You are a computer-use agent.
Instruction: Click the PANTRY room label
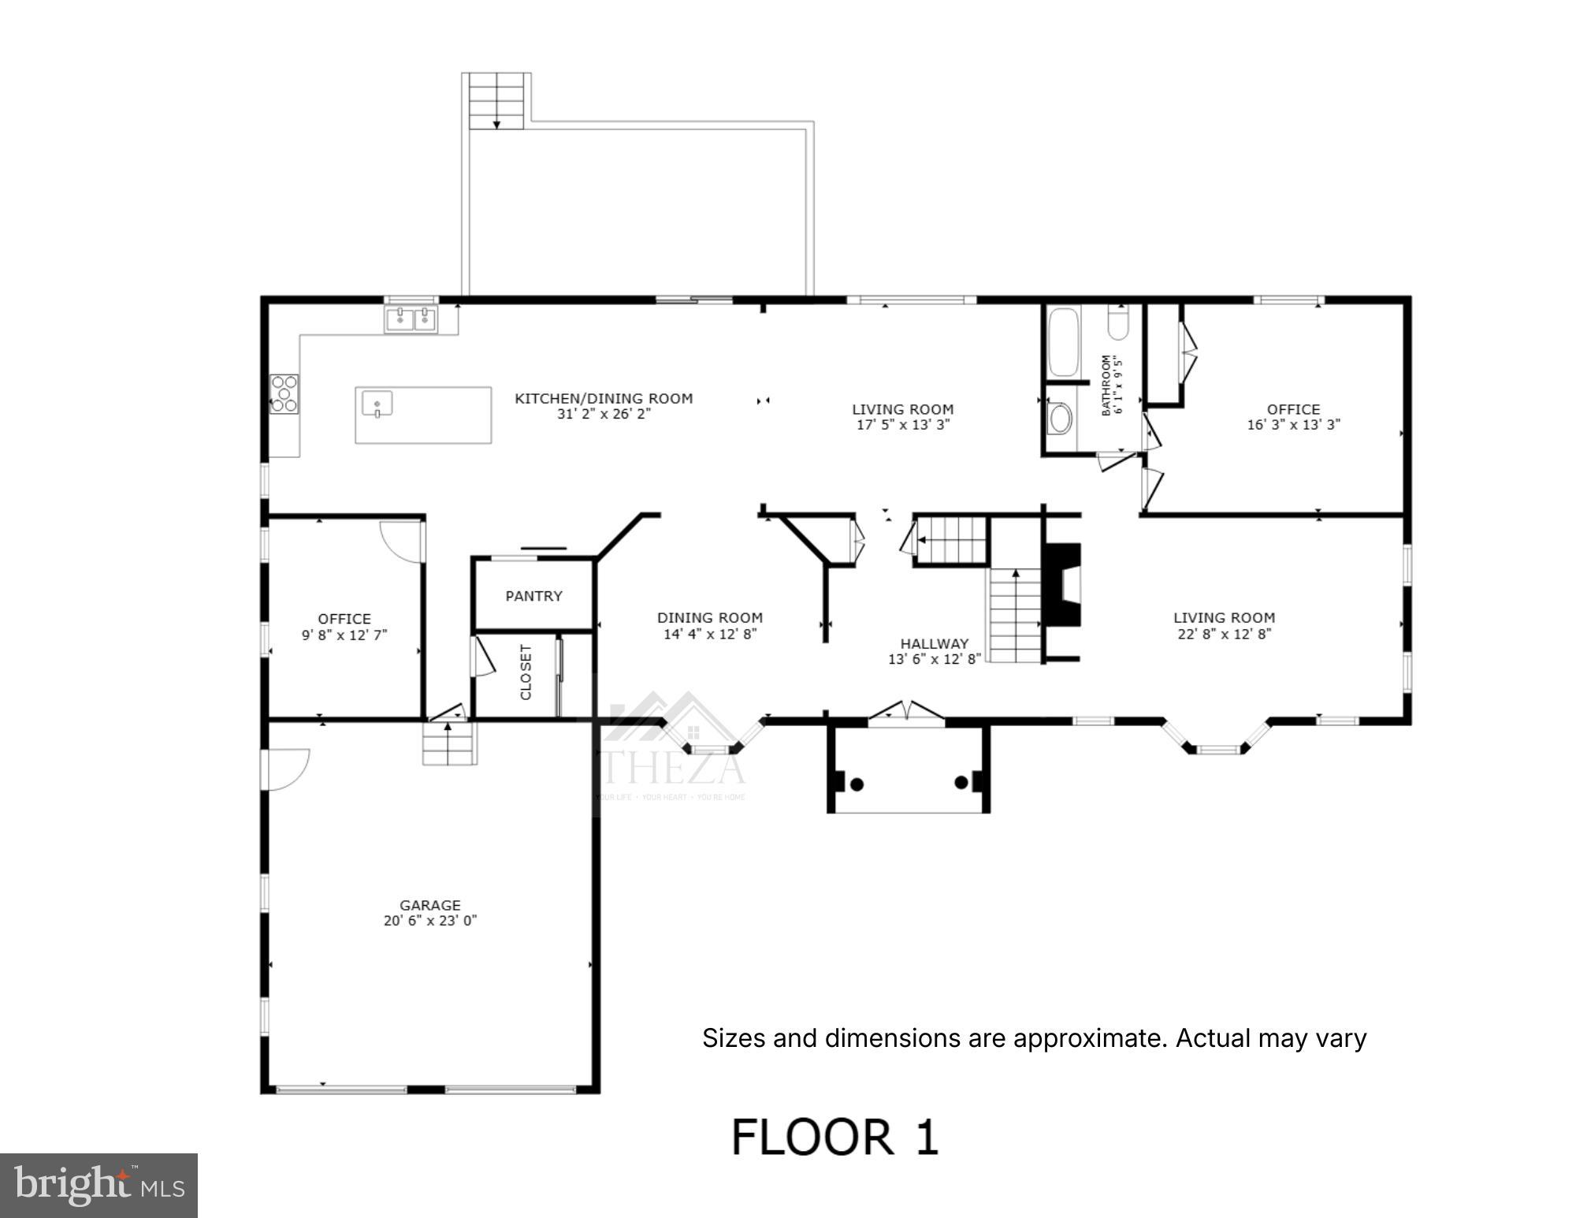533,596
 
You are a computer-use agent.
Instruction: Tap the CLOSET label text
526,672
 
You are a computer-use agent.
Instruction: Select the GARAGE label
429,905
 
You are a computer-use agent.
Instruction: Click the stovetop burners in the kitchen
284,393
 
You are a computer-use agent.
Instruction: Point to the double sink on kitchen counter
411,319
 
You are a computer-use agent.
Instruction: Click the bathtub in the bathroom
1063,342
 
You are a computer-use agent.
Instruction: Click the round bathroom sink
1060,419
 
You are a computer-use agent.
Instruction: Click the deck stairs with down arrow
496,102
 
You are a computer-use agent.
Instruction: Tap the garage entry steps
449,744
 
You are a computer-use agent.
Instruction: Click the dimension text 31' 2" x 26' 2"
604,414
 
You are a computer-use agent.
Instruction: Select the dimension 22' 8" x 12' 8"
1224,634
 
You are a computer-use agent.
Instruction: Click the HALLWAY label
934,643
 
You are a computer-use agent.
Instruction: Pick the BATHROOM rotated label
1106,385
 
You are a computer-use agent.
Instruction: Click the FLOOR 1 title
835,1137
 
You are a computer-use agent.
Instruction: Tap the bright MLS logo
98,1185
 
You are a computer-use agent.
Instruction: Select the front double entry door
906,711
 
